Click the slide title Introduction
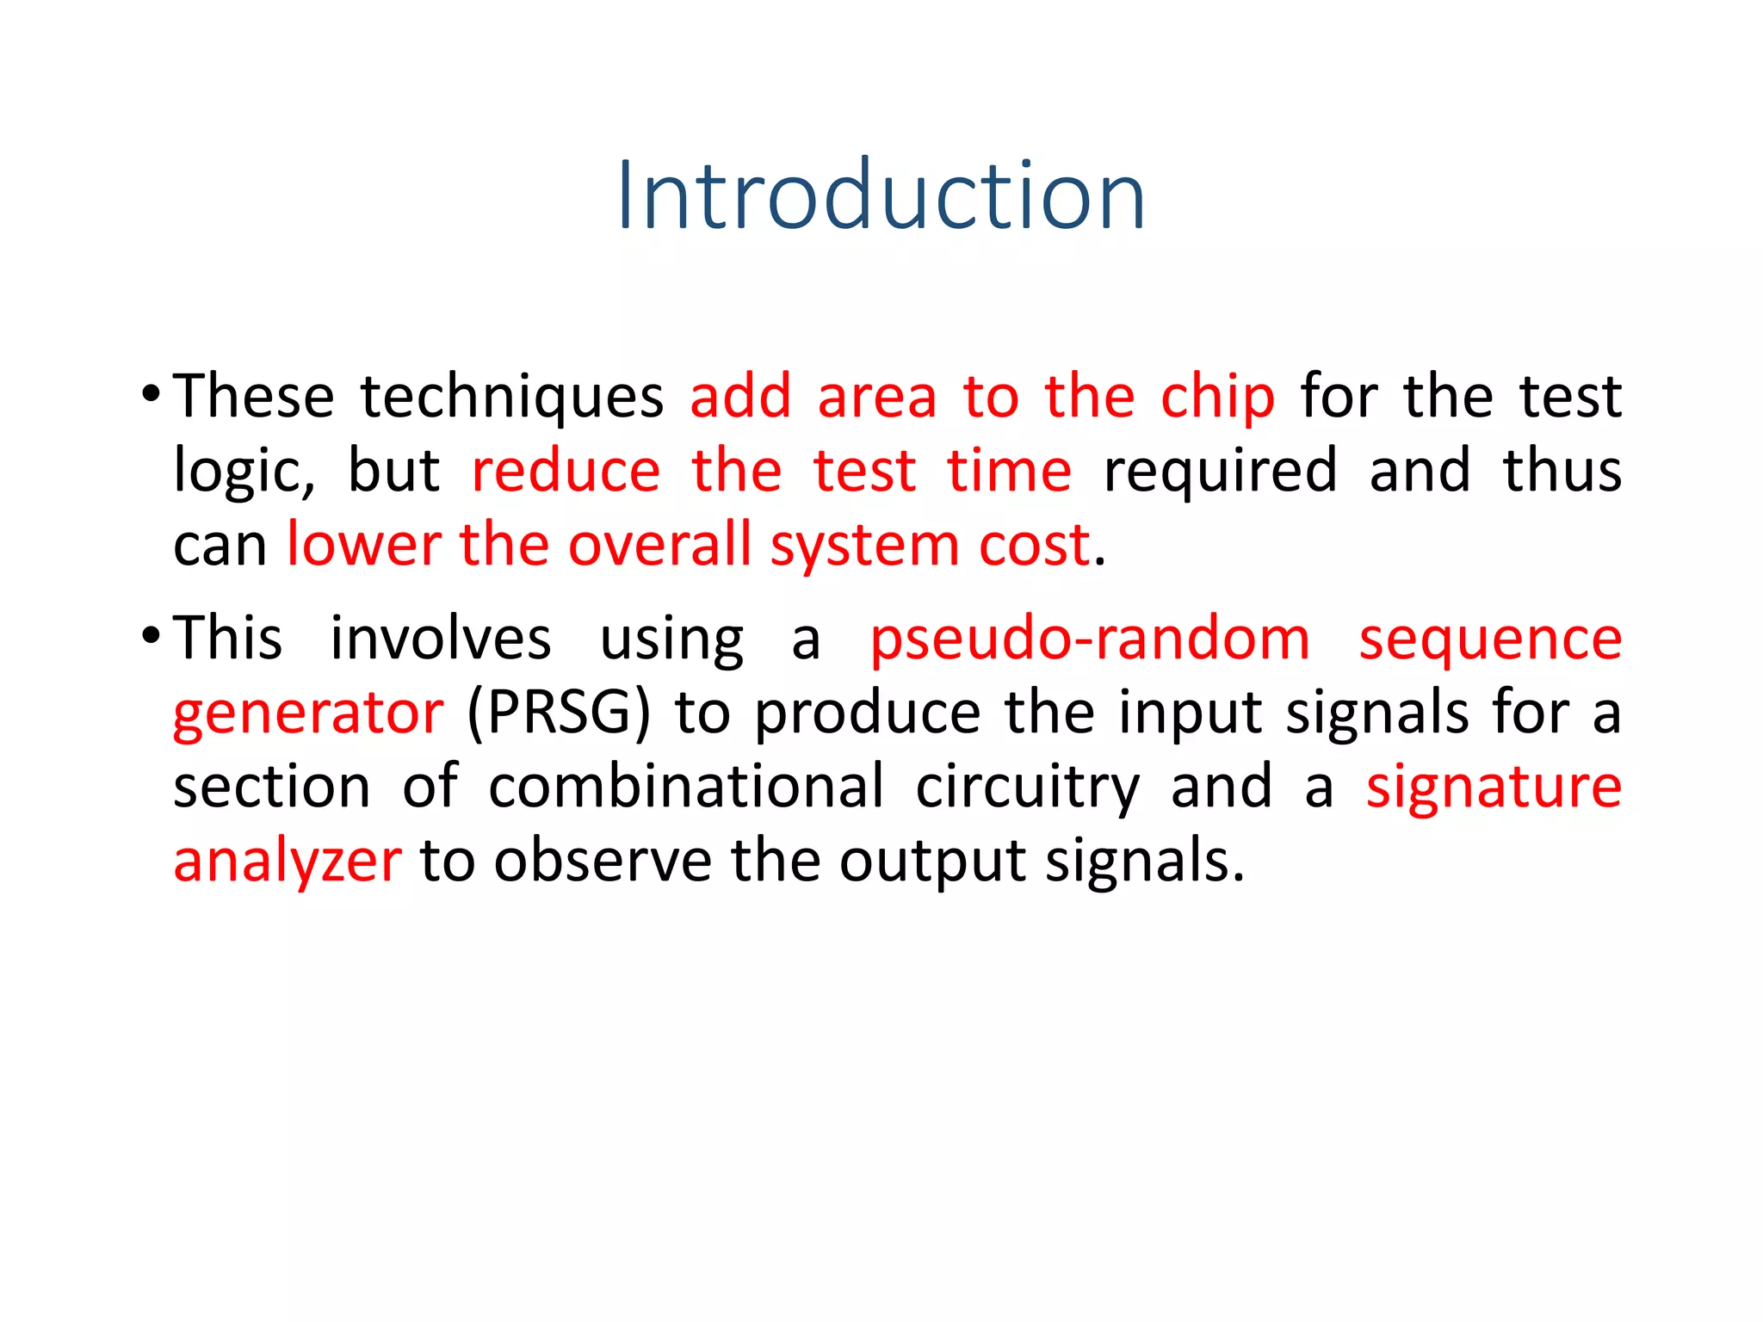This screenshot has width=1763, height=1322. coord(881,196)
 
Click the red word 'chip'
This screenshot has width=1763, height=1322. coord(1216,398)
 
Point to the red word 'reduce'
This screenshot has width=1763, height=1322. coord(566,472)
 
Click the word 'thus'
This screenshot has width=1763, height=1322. coord(1562,472)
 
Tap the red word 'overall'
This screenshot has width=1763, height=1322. coord(659,546)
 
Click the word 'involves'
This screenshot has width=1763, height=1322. coord(440,639)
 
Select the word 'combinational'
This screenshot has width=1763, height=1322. coord(685,787)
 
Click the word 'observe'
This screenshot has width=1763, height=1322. coord(603,861)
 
